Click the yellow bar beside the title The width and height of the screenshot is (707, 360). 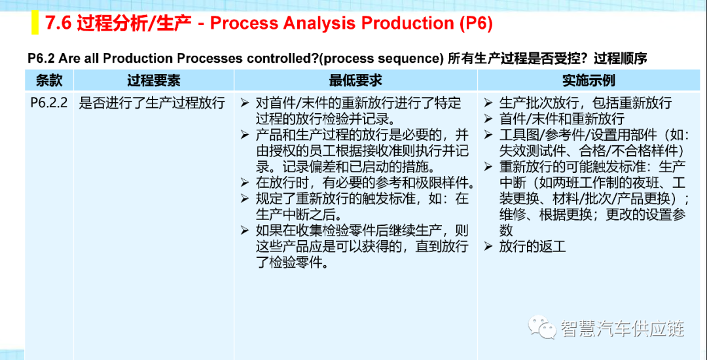click(x=35, y=24)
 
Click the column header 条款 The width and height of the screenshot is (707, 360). click(x=48, y=81)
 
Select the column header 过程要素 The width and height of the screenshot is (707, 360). click(x=153, y=81)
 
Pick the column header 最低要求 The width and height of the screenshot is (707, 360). click(x=355, y=81)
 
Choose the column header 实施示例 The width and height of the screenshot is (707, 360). click(x=589, y=81)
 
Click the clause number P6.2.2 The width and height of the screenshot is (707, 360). click(x=49, y=103)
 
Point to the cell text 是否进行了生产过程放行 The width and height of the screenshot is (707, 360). click(x=152, y=103)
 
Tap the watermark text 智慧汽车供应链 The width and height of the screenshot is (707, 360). click(x=623, y=328)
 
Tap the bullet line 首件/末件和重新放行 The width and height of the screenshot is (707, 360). click(x=562, y=119)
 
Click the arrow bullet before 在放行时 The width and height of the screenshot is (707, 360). click(x=245, y=183)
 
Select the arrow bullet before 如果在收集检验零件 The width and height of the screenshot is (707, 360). click(x=245, y=231)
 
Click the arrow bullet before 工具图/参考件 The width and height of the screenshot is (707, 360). click(x=489, y=135)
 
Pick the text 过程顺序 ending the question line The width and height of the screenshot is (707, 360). click(x=621, y=59)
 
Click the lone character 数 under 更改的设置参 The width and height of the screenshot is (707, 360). click(x=506, y=230)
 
